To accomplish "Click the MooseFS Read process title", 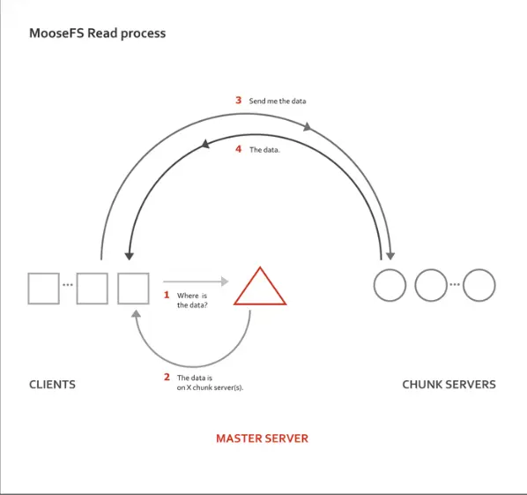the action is pos(98,34).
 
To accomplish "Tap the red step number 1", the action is pos(167,295).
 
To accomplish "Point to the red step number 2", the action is pos(167,377).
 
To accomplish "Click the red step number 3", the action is pos(238,100).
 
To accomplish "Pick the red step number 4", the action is pos(238,149).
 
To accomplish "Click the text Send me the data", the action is pos(278,101).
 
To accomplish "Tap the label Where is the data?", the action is pos(192,300).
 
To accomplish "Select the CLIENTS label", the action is pos(52,385).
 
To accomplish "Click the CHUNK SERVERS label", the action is pos(449,385).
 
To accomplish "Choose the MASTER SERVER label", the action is pos(262,439).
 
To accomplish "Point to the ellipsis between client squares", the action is pos(68,285).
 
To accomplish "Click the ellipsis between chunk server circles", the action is pos(455,284).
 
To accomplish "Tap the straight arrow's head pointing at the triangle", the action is pos(225,281).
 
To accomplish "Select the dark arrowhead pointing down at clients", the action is pos(129,257).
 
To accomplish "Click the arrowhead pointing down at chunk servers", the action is pos(390,257).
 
